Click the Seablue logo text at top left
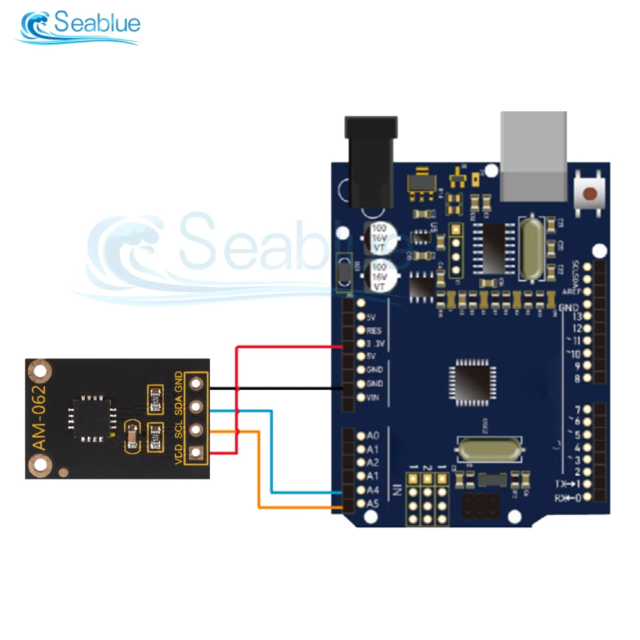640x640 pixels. click(x=96, y=24)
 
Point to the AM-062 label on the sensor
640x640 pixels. click(x=40, y=420)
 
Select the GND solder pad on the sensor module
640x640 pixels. click(x=195, y=383)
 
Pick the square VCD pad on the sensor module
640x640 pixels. click(x=195, y=453)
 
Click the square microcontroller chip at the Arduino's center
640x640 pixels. click(x=472, y=381)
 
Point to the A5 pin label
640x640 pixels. click(x=373, y=504)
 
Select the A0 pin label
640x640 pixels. click(x=373, y=436)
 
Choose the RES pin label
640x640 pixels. click(x=374, y=330)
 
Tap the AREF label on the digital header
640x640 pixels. click(x=571, y=291)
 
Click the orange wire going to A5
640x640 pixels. click(x=259, y=474)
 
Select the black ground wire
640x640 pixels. click(x=275, y=388)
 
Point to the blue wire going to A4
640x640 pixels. click(x=273, y=454)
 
